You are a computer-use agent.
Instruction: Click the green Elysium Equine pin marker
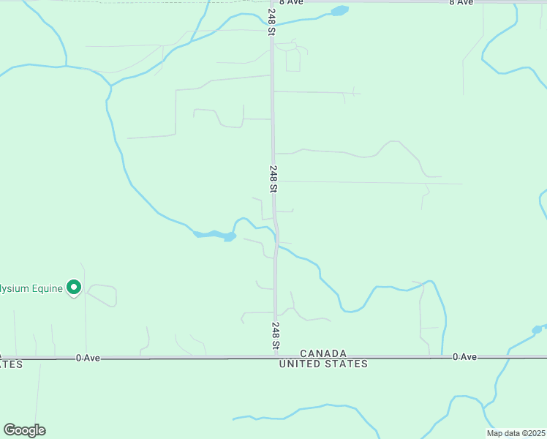pos(73,288)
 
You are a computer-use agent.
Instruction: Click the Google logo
pos(24,430)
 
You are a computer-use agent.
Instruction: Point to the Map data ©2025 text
pos(516,433)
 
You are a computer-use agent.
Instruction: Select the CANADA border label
pos(323,353)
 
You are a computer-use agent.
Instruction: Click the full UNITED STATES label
pos(323,364)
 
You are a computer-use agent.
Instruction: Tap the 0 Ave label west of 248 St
pos(87,358)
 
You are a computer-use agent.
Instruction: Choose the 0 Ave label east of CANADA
pos(465,356)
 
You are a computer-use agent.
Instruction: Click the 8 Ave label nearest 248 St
pos(290,3)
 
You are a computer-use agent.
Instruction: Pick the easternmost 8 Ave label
pos(461,3)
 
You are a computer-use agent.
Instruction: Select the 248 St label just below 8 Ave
pos(271,23)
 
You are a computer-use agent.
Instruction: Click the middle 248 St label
pos(273,179)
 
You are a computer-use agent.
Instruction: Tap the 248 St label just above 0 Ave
pos(276,335)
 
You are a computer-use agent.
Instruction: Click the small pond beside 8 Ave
pos(339,11)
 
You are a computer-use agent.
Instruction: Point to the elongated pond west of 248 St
pos(215,235)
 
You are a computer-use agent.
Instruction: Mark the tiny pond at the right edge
pos(537,330)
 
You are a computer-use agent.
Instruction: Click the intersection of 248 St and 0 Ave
pos(276,358)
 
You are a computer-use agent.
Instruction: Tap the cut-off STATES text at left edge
pos(11,364)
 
